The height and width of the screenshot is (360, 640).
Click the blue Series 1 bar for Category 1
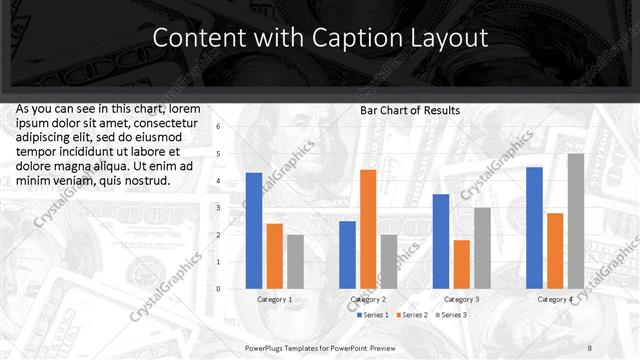coord(254,231)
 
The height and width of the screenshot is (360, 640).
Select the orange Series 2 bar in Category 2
coord(368,229)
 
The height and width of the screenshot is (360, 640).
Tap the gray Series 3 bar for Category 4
coord(576,221)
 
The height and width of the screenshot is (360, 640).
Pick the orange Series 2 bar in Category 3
coord(461,264)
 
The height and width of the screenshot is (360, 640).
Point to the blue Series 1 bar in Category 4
coord(534,228)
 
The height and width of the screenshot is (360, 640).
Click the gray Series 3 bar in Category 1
coord(295,262)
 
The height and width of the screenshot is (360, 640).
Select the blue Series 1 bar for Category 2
coord(347,255)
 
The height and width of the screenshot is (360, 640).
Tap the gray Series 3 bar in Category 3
coord(482,248)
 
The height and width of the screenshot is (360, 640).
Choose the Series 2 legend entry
coord(414,315)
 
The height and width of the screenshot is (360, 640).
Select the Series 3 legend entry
coord(451,315)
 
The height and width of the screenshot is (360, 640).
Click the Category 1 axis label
coord(275,299)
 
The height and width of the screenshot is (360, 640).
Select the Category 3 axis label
coord(461,299)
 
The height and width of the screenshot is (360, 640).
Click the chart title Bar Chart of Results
coord(410,110)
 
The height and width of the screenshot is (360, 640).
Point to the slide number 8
coord(589,347)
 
